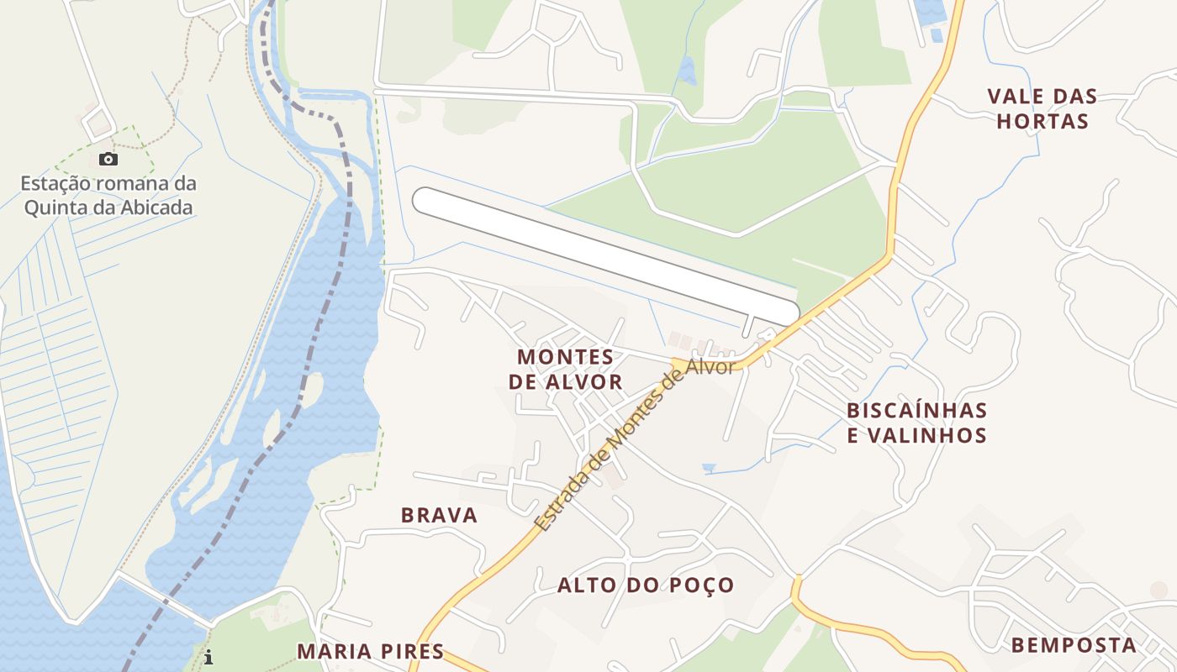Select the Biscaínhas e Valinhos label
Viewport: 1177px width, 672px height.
pos(916,423)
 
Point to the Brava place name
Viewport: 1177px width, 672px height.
pos(439,515)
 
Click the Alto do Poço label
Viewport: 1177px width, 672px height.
pos(646,585)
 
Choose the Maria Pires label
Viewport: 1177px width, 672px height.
pos(370,651)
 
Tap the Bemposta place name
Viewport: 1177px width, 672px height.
pos(1074,645)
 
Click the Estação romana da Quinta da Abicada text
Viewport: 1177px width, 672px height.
pos(108,195)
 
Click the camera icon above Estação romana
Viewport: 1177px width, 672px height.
pos(108,159)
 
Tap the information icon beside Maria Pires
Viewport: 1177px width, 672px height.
pos(208,657)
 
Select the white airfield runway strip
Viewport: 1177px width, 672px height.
pos(605,256)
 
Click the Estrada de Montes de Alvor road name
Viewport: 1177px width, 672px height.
pos(634,446)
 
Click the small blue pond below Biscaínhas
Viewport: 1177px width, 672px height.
pos(710,468)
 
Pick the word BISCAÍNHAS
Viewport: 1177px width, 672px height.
pos(916,411)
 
